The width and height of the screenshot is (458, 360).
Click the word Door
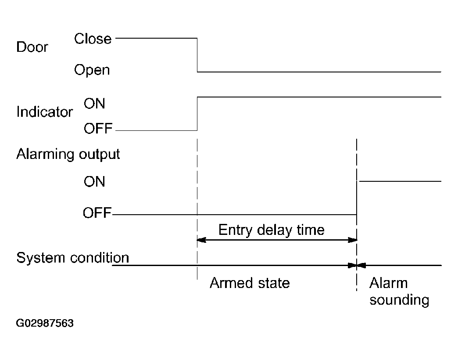coord(32,47)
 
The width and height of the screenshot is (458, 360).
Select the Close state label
coord(93,39)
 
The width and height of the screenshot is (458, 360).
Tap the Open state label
coord(92,70)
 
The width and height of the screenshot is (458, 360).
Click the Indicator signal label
coord(45,112)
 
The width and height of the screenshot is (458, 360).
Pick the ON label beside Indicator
coord(94,104)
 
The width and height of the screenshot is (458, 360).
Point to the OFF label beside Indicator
coord(98,128)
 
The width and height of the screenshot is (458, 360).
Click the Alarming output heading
coord(68,154)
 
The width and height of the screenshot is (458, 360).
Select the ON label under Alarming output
coord(94,181)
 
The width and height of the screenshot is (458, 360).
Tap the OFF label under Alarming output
coord(97,213)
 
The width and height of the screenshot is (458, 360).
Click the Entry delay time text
coord(272,230)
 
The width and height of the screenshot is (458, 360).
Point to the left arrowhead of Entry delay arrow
coord(201,240)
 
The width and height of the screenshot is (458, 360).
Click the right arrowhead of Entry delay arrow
coord(353,240)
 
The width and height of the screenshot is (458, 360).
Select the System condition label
coord(73,258)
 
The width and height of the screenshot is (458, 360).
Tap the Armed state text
coord(250,283)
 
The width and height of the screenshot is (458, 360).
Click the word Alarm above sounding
coord(389,283)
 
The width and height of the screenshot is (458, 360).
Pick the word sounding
coord(399,300)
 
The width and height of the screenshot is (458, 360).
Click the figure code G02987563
coord(45,323)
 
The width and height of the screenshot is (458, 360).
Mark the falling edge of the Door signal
coord(197,55)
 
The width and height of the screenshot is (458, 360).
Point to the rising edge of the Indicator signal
coord(197,114)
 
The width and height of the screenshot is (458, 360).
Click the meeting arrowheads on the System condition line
coord(357,265)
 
